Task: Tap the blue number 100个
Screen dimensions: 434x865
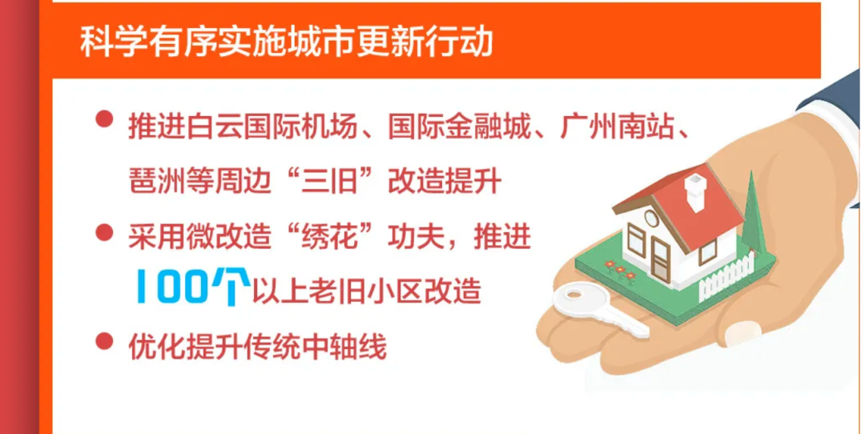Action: point(189,287)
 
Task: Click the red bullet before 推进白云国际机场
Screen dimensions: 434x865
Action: point(103,120)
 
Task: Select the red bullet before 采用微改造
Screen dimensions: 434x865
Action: point(103,232)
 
